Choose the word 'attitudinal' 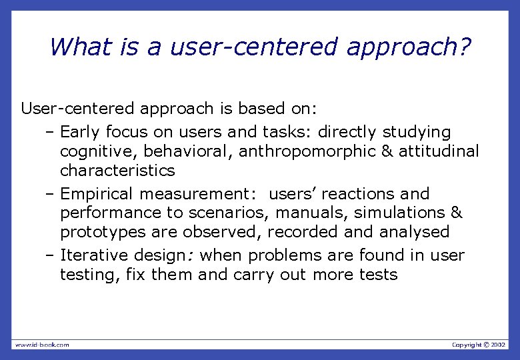[439, 151]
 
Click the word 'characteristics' [117, 171]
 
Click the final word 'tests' [378, 275]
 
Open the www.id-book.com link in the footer [42, 345]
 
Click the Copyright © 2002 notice [479, 345]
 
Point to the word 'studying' [417, 132]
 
